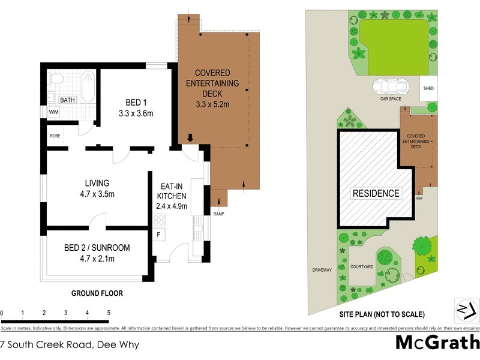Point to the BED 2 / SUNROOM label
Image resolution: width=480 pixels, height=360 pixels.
tap(97, 253)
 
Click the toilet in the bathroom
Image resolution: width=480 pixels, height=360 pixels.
tap(55, 79)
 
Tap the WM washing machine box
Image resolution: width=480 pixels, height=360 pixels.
tap(54, 112)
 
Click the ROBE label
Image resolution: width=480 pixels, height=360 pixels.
tap(55, 136)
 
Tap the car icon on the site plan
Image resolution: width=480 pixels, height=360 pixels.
tap(391, 87)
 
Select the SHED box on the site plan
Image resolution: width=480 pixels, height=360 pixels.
tap(428, 88)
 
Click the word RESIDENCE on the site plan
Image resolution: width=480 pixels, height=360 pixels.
tap(376, 193)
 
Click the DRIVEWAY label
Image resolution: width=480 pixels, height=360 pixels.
tap(322, 270)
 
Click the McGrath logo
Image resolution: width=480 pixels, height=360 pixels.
tap(438, 343)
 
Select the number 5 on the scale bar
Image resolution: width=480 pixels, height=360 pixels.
tap(109, 313)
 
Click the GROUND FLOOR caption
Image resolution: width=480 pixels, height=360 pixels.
tap(97, 294)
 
